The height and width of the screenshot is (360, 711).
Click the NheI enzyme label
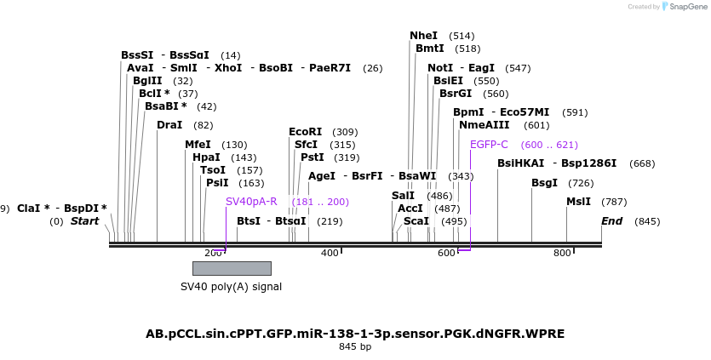423,36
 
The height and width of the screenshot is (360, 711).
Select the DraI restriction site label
169,125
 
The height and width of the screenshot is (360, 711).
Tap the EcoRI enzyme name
306,132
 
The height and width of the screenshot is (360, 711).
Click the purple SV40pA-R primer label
251,202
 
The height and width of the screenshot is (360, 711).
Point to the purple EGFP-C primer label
489,145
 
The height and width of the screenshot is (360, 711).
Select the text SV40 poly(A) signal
231,287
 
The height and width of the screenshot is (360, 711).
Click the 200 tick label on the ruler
213,253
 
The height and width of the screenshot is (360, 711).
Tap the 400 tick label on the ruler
330,253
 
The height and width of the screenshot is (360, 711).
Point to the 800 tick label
562,253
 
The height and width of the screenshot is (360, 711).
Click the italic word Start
85,221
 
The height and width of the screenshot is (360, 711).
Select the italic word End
611,221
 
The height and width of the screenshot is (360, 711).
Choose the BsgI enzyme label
544,183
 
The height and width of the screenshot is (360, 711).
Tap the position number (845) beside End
647,221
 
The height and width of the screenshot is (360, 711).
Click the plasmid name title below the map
355,334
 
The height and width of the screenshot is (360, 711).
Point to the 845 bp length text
355,346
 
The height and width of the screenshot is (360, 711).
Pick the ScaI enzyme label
416,221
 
